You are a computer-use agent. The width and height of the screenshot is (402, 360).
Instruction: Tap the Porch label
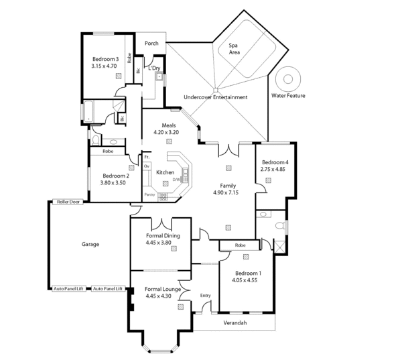[151, 44]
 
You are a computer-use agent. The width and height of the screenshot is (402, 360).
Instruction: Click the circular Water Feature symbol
[288, 78]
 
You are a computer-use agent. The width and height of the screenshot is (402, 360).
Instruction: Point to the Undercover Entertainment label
[216, 97]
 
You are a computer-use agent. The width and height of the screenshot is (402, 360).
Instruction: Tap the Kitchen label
[165, 172]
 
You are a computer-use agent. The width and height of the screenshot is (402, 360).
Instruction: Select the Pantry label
[149, 194]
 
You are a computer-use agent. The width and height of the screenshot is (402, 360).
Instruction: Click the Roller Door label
[68, 201]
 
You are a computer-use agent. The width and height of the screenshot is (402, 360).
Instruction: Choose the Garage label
[90, 244]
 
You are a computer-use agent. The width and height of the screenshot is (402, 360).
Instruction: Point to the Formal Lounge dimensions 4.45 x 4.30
[159, 296]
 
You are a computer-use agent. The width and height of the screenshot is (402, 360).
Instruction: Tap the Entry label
[205, 295]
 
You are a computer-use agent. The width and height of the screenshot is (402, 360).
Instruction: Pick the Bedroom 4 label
[275, 162]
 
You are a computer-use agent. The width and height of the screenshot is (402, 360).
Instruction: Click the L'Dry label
[154, 68]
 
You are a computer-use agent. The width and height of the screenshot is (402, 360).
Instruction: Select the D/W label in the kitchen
[176, 180]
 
